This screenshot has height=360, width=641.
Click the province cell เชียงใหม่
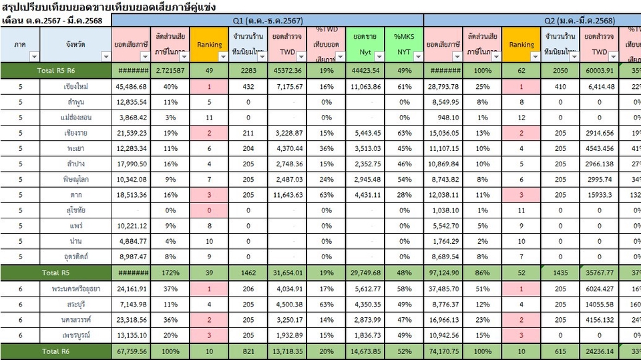(x=75, y=87)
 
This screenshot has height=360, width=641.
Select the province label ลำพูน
(x=75, y=102)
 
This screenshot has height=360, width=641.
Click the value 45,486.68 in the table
(x=131, y=87)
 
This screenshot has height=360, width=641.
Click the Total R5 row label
(x=56, y=273)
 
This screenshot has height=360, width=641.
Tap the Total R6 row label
(x=56, y=351)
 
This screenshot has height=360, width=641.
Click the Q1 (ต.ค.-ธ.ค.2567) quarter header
(x=267, y=21)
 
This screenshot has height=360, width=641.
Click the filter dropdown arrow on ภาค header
(x=33, y=57)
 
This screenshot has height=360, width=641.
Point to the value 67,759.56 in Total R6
(x=131, y=351)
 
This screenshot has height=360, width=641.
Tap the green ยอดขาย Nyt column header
(x=366, y=45)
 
